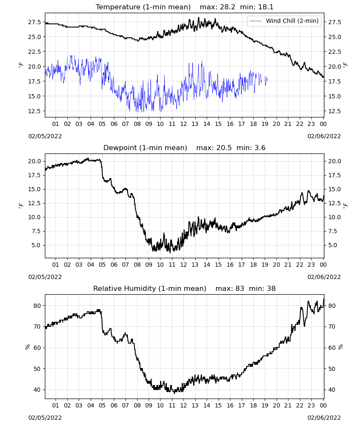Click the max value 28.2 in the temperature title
click(227, 7)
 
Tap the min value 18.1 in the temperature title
click(266, 7)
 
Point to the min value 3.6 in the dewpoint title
click(260, 148)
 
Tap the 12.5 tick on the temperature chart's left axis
click(35, 111)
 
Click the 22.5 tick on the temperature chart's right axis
click(335, 52)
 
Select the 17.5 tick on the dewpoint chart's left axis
click(35, 175)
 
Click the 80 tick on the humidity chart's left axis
click(37, 306)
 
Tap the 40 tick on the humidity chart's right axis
click(332, 390)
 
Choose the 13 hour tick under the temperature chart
click(195, 124)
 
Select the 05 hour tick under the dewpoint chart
click(102, 265)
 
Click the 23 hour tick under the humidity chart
click(311, 405)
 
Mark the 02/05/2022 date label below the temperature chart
click(45, 136)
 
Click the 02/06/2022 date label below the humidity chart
click(324, 418)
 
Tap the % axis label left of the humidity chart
click(28, 347)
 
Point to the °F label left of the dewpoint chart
click(21, 206)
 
